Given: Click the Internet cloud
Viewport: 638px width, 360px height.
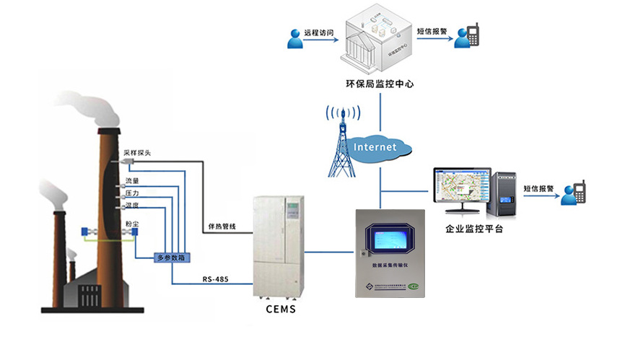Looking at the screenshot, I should (375, 147).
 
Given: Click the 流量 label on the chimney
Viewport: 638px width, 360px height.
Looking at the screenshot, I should (132, 180).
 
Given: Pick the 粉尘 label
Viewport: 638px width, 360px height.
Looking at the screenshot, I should (132, 225).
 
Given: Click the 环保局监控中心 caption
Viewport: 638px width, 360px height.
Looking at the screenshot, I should (380, 84).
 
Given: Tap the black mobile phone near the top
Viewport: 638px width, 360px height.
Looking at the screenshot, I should (473, 35).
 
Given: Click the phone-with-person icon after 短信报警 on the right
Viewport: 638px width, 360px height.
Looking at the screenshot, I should (575, 191).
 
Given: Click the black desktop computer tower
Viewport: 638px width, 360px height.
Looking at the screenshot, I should (504, 193).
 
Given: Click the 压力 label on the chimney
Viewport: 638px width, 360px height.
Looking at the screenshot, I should (132, 194).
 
